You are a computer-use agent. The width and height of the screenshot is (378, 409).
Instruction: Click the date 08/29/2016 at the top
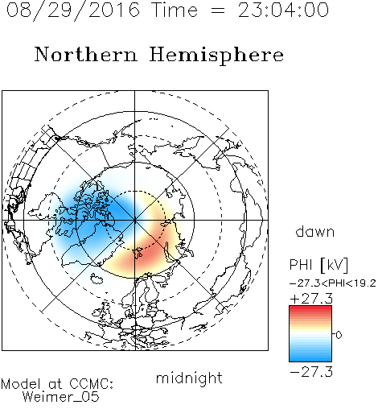(x=73, y=10)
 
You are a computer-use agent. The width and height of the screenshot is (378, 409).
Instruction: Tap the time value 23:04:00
(x=283, y=10)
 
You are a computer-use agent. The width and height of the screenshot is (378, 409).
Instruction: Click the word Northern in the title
(x=86, y=54)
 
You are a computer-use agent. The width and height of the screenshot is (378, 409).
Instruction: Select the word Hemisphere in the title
(x=216, y=56)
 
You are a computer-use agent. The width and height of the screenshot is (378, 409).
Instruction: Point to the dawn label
(x=315, y=231)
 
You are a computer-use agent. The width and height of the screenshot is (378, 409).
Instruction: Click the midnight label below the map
(x=189, y=378)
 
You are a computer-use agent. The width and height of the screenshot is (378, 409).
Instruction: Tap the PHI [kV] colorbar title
(x=318, y=264)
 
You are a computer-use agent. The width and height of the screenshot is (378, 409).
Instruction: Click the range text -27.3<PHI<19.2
(x=332, y=283)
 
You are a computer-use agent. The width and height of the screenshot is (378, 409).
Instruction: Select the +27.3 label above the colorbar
(x=311, y=299)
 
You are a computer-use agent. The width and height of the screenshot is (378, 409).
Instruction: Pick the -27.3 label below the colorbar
(x=311, y=372)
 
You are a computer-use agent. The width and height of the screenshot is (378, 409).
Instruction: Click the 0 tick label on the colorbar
(x=339, y=335)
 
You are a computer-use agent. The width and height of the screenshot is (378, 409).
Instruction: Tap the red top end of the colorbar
(x=310, y=308)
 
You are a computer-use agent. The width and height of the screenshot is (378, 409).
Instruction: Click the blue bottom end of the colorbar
(x=310, y=359)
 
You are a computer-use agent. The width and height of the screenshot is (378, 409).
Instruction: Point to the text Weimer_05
(x=61, y=397)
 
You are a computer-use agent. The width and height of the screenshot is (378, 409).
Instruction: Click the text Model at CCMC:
(x=57, y=384)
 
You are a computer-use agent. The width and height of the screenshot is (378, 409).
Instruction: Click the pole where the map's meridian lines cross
(x=135, y=221)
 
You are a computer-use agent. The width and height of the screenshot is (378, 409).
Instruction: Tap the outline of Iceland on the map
(x=97, y=279)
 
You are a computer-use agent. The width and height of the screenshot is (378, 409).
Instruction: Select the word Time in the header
(x=175, y=10)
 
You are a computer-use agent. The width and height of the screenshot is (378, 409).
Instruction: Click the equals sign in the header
(x=218, y=10)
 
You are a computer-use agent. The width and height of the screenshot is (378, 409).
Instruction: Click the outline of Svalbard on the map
(x=138, y=253)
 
